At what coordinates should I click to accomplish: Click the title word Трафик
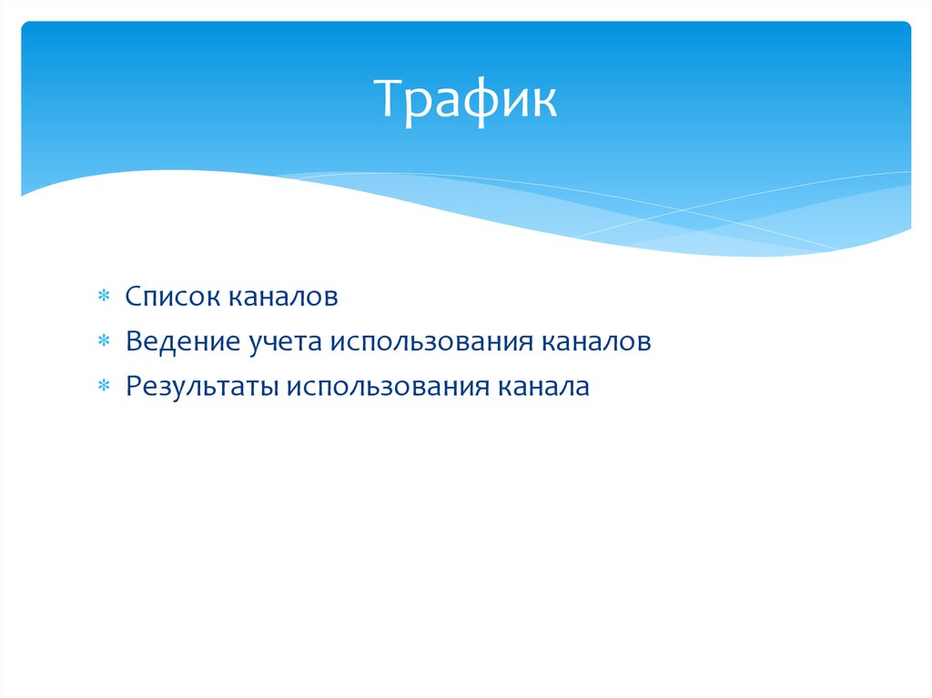point(465,99)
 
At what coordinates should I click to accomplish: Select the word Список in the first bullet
point(172,296)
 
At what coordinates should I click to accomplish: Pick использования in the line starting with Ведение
point(434,342)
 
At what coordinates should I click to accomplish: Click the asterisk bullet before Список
point(105,297)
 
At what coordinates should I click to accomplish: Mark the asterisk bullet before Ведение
point(105,342)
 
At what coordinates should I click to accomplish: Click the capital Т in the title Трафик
point(389,99)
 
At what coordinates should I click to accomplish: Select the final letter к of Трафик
point(543,102)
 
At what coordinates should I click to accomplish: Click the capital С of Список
point(134,296)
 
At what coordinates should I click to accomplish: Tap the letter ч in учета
point(269,343)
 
